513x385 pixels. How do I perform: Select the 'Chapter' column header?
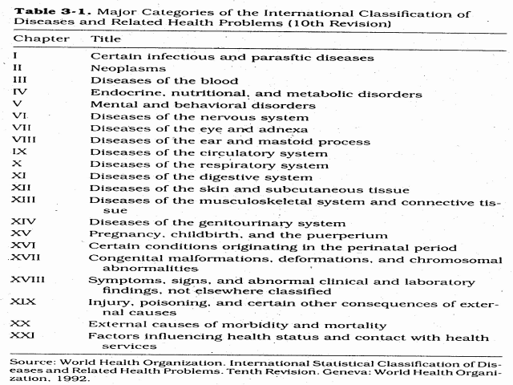pos(35,38)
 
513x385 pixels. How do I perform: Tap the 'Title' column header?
pos(105,38)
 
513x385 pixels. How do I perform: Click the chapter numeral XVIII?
pos(29,281)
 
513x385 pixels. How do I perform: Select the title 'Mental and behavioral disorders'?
pos(191,105)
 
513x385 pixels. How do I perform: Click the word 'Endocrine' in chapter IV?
pos(121,93)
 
